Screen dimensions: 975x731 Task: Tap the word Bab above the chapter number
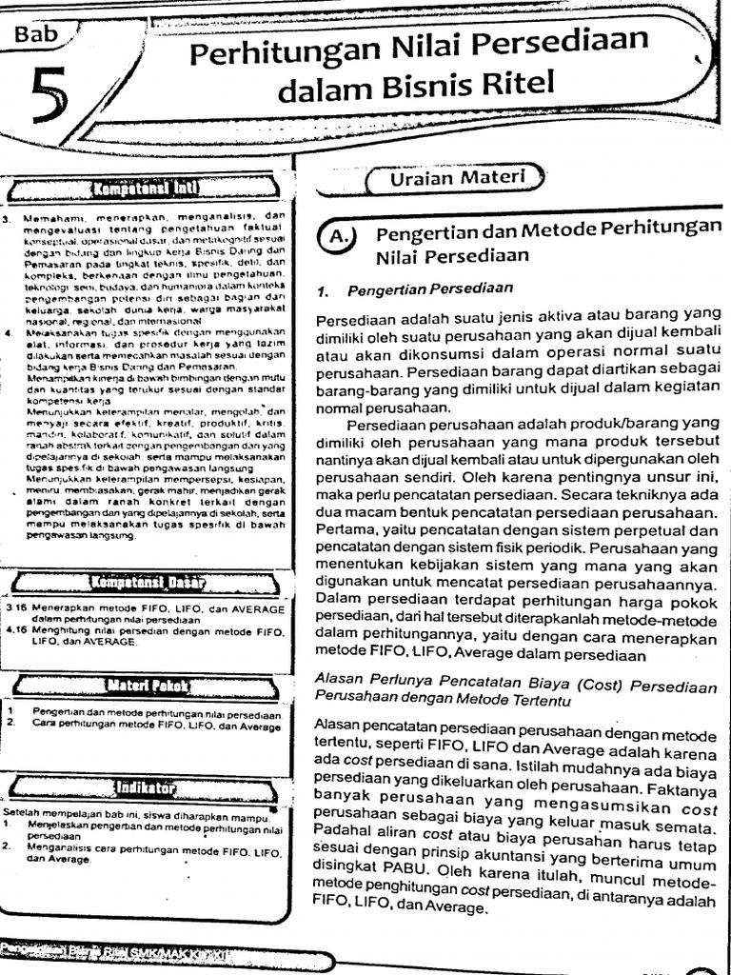[x=37, y=35]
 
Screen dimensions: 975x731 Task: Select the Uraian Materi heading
[x=456, y=177]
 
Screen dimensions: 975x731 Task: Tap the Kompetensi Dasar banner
[x=148, y=582]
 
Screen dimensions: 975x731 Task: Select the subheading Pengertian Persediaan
[x=430, y=288]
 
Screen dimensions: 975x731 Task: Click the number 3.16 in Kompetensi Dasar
[x=15, y=607]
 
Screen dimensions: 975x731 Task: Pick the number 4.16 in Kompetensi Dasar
[x=15, y=630]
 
